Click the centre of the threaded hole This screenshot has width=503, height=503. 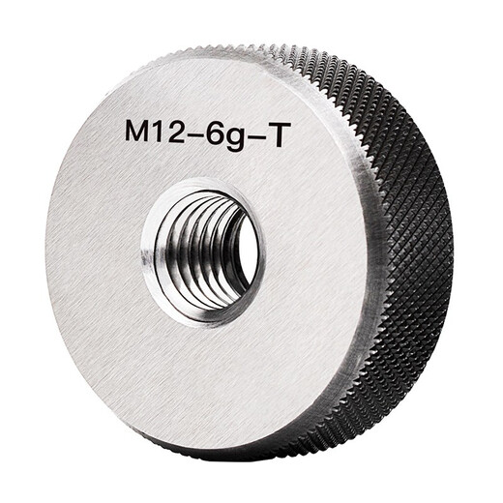(203, 251)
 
